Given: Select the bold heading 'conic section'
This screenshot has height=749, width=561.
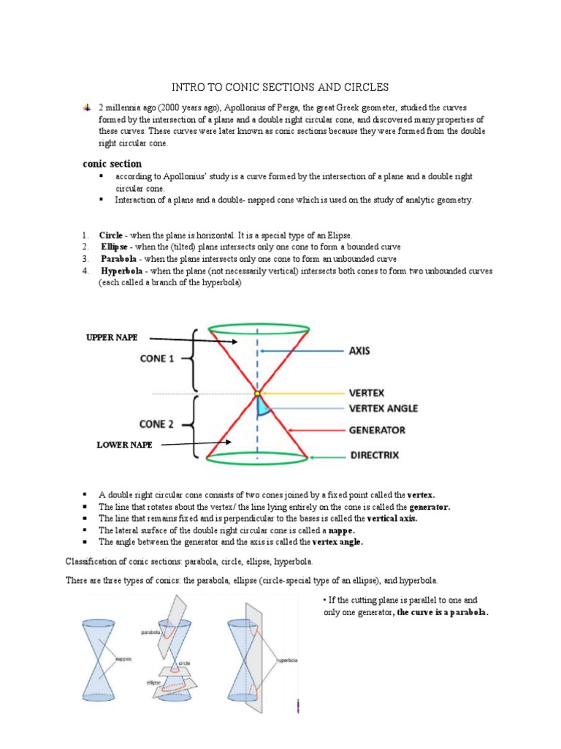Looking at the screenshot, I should pos(112,164).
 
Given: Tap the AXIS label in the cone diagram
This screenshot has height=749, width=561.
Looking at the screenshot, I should pos(359,351).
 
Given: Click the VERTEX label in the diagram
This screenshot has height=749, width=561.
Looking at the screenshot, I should pos(367,393).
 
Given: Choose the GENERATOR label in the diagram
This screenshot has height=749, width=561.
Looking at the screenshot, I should pos(377,430).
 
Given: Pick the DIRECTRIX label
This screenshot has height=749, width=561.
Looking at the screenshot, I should pos(374,455).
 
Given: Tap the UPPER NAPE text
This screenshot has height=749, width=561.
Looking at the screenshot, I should pos(112,337).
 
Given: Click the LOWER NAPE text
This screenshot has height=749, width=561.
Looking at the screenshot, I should pos(125,445).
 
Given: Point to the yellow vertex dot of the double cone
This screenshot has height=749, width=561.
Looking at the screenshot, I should pos(257,394).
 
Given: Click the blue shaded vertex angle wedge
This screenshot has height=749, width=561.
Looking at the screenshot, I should pos(262,407).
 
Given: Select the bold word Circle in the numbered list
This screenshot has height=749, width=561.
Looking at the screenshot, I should pos(111,236).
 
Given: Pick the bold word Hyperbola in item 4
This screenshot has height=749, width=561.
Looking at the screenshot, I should pos(121,271).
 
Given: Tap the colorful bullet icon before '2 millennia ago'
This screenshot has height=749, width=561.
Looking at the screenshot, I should pos(86,108).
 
